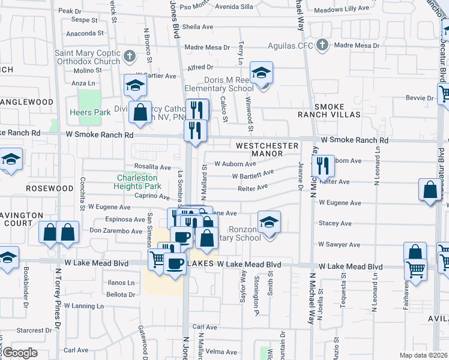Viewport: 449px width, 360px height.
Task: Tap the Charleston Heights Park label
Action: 137,182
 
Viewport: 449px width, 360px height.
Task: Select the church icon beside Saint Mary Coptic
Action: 130,57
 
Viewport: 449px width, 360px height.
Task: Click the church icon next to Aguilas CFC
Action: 322,45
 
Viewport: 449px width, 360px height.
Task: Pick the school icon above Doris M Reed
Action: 261,73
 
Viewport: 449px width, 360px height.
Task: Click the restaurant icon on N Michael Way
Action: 323,166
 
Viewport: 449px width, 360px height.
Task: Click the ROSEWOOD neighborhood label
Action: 49,188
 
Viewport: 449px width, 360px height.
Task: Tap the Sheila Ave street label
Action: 197,27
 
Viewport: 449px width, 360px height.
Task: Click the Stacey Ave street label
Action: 335,223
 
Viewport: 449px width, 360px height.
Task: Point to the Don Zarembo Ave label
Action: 116,230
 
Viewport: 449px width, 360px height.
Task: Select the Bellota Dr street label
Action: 121,295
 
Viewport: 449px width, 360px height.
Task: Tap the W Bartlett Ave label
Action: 253,175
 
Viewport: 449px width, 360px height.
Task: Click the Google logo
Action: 20,353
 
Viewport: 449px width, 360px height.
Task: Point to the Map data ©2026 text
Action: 423,355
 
